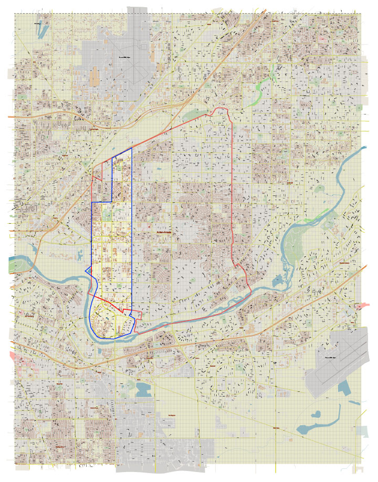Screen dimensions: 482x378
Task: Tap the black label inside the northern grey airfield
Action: pos(124,56)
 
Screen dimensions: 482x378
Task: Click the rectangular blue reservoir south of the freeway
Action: pos(142,389)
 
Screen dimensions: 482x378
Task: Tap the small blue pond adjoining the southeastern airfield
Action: pos(344,389)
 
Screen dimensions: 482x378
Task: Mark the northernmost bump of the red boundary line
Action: pos(221,109)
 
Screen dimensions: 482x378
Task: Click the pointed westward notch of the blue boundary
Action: pos(86,269)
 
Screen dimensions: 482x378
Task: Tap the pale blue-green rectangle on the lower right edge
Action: pos(362,431)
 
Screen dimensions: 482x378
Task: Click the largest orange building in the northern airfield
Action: pos(95,76)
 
